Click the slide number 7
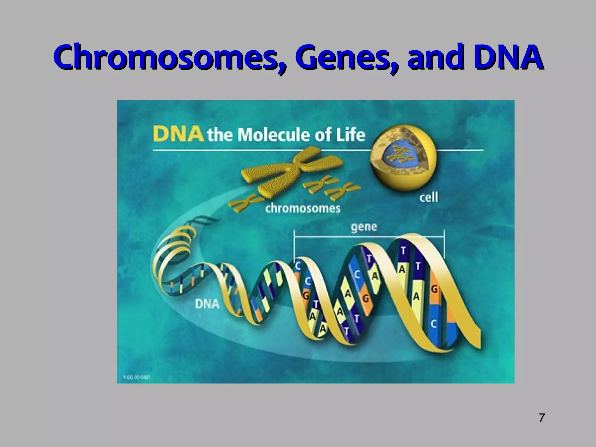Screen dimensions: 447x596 tap(541, 418)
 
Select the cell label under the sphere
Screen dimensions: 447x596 tap(428, 198)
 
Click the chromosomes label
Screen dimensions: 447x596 tap(303, 208)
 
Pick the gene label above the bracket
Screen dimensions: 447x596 tap(364, 227)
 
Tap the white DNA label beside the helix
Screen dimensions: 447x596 tap(207, 304)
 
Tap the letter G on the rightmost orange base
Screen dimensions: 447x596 tap(434, 289)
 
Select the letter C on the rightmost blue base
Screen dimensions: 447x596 tap(434, 324)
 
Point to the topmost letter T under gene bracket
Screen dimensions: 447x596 tap(403, 251)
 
